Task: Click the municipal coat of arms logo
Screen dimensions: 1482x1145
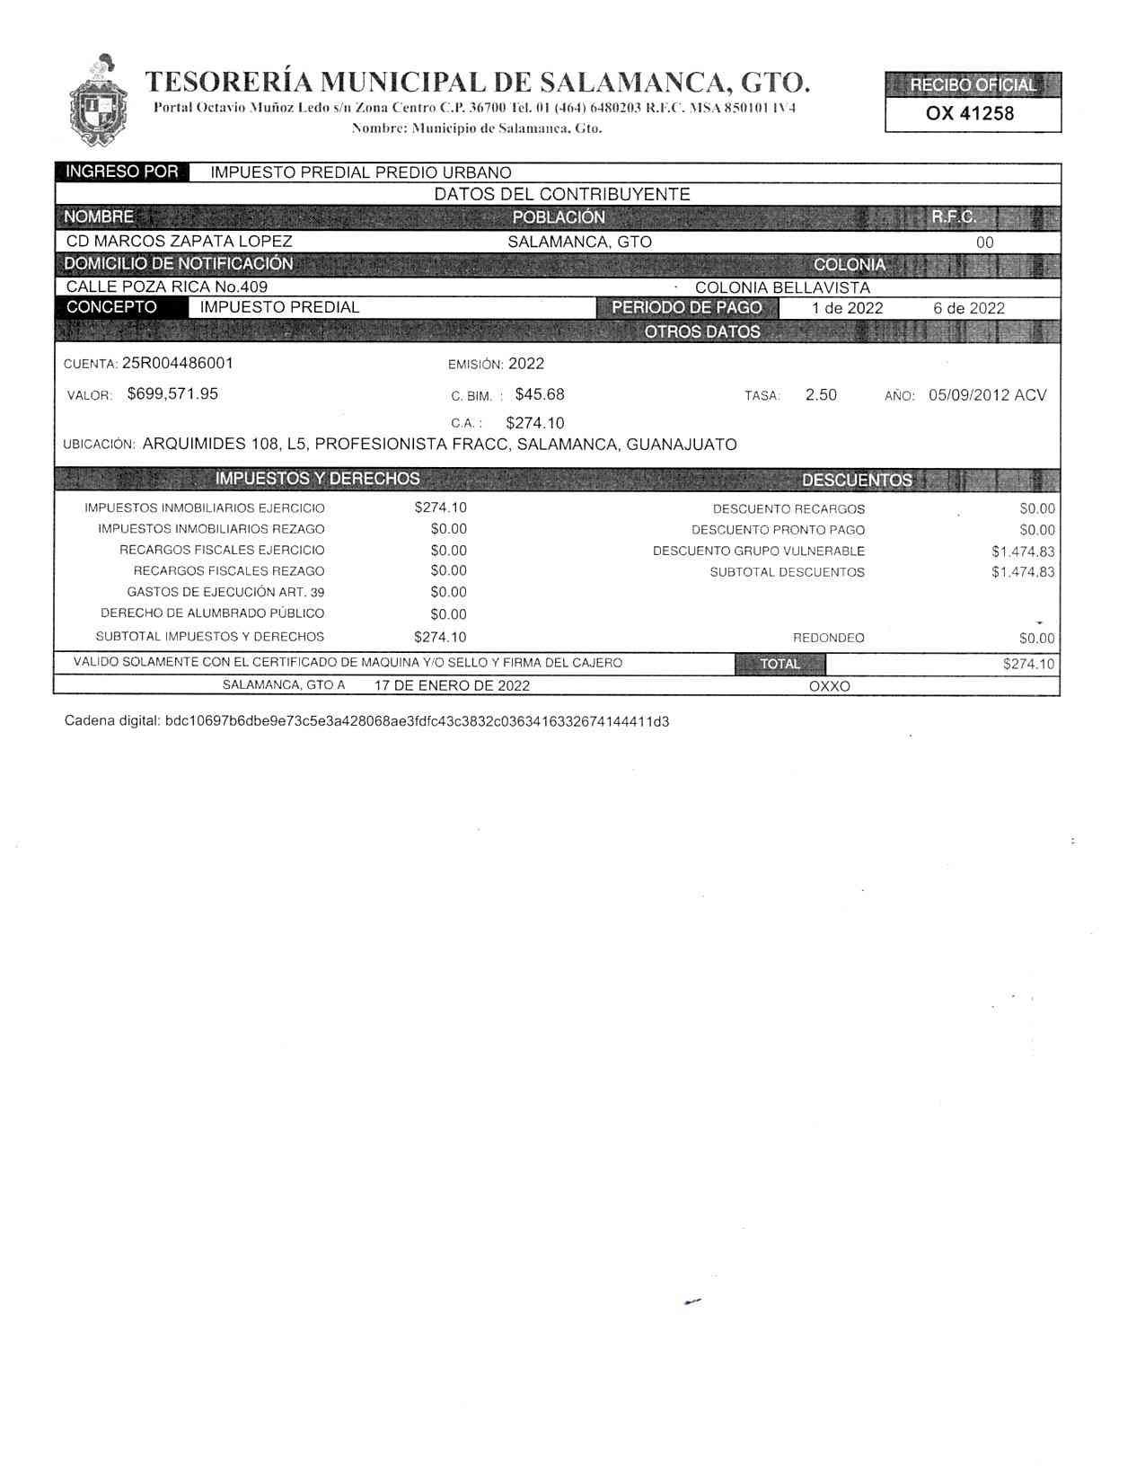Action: click(98, 101)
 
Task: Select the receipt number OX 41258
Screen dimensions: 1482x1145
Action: click(970, 113)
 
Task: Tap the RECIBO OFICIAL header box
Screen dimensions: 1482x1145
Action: click(973, 85)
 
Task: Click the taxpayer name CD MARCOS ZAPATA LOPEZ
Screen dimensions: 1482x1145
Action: click(179, 242)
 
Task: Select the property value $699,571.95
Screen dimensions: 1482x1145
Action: click(172, 393)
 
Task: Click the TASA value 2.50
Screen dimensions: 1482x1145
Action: click(821, 394)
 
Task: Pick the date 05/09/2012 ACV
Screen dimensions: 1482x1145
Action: click(987, 394)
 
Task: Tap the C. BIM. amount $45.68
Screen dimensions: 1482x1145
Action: click(540, 394)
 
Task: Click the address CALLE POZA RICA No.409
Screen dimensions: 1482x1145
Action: click(167, 287)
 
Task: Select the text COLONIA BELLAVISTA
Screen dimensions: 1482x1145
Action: click(782, 287)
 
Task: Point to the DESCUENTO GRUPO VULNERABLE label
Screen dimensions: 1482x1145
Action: click(758, 551)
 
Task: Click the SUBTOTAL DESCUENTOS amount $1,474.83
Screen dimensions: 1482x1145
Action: click(1023, 572)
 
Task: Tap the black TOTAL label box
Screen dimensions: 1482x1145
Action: click(779, 664)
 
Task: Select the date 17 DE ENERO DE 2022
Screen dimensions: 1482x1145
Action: click(452, 685)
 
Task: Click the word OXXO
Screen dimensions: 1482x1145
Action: click(829, 686)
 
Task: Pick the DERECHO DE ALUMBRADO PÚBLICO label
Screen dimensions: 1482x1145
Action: click(212, 613)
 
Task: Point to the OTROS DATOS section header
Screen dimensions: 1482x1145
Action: click(701, 331)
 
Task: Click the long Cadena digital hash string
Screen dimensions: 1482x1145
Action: click(417, 721)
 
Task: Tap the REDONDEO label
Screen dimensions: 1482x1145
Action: click(828, 638)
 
